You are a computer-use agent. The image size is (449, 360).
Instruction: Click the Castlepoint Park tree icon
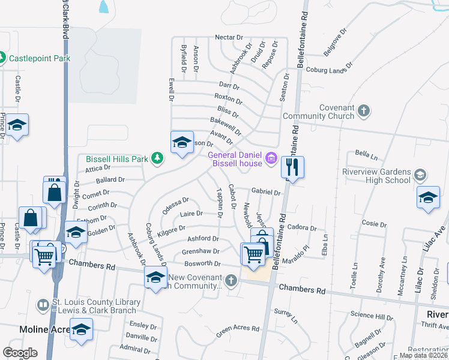pyautogui.click(x=2, y=58)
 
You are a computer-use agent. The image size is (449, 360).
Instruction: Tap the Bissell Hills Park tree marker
pyautogui.click(x=157, y=158)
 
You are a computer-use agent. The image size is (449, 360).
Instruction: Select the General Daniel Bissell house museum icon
pyautogui.click(x=271, y=158)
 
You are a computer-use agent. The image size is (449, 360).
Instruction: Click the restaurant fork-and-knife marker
pyautogui.click(x=292, y=166)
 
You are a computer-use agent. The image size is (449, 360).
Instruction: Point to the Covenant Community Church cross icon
pyautogui.click(x=363, y=110)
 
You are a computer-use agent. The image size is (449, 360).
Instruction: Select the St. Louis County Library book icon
pyautogui.click(x=43, y=305)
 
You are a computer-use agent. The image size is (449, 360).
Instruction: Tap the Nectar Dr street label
pyautogui.click(x=229, y=37)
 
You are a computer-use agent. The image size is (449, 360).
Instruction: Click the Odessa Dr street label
pyautogui.click(x=175, y=205)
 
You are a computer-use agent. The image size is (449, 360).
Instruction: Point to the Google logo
pyautogui.click(x=20, y=352)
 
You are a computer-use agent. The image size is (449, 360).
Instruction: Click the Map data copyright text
pyautogui.click(x=423, y=355)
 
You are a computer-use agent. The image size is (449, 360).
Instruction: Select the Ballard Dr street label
pyautogui.click(x=110, y=179)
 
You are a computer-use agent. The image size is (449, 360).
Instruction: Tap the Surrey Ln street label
pyautogui.click(x=286, y=316)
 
